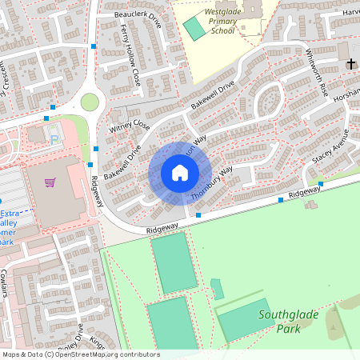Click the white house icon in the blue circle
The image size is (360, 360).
click(180, 172)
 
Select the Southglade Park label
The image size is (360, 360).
click(289, 320)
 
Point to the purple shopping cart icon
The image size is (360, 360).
click(50, 182)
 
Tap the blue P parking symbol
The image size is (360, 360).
click(54, 139)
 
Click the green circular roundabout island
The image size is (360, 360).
click(90, 102)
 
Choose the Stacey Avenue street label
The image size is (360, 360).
click(331, 147)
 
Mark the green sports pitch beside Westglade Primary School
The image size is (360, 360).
click(194, 27)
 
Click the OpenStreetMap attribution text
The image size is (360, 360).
click(80, 354)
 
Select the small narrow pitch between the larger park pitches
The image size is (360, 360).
click(217, 289)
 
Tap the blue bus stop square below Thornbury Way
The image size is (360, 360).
click(198, 215)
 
